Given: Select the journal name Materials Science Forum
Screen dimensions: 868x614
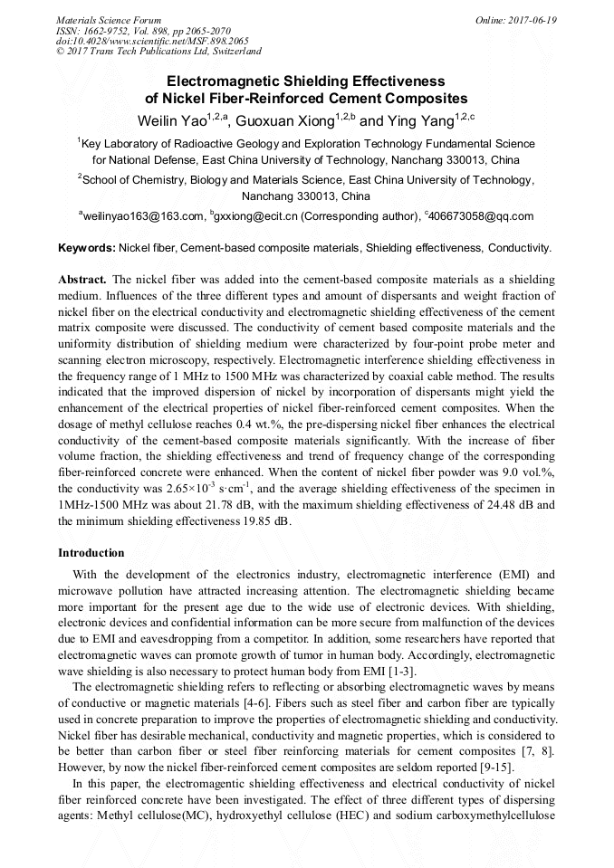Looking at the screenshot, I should point(109,20).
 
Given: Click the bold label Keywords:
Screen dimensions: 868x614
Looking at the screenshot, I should point(87,247).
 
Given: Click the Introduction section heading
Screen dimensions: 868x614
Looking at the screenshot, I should point(91,553).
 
